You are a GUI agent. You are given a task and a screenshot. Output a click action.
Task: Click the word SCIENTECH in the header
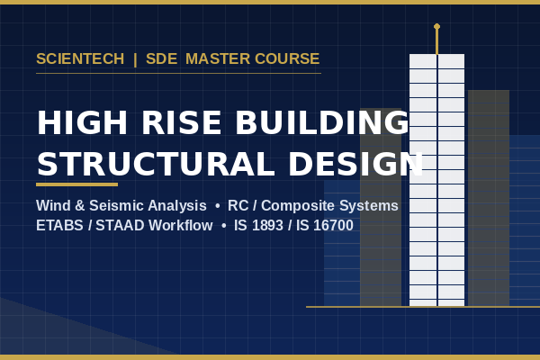click(80, 58)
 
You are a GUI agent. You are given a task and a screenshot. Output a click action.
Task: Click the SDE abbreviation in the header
click(161, 58)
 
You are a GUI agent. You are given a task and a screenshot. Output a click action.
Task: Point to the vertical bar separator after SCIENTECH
click(135, 59)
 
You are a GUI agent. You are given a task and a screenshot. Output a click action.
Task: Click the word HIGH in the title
click(82, 122)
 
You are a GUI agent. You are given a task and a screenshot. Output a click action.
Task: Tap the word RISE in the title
click(182, 122)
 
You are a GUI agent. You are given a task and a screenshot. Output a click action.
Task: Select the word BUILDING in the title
click(322, 122)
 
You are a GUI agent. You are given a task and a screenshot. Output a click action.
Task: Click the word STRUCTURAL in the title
click(156, 164)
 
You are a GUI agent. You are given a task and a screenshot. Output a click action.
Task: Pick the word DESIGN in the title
click(356, 164)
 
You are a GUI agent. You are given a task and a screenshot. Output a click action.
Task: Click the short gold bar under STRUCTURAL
click(76, 184)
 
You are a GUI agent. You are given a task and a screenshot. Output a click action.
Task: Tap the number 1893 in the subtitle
click(267, 226)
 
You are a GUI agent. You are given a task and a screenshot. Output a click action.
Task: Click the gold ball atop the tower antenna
click(436, 26)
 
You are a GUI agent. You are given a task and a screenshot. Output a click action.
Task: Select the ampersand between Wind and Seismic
click(80, 206)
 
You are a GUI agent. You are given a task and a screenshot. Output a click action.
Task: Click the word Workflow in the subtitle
click(181, 226)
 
